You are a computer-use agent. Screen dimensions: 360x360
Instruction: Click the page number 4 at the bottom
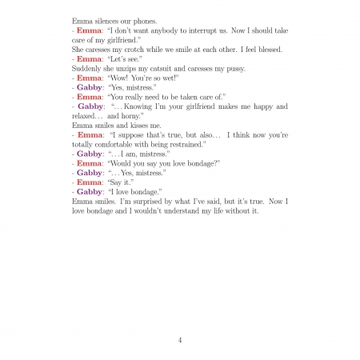(x=180, y=339)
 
